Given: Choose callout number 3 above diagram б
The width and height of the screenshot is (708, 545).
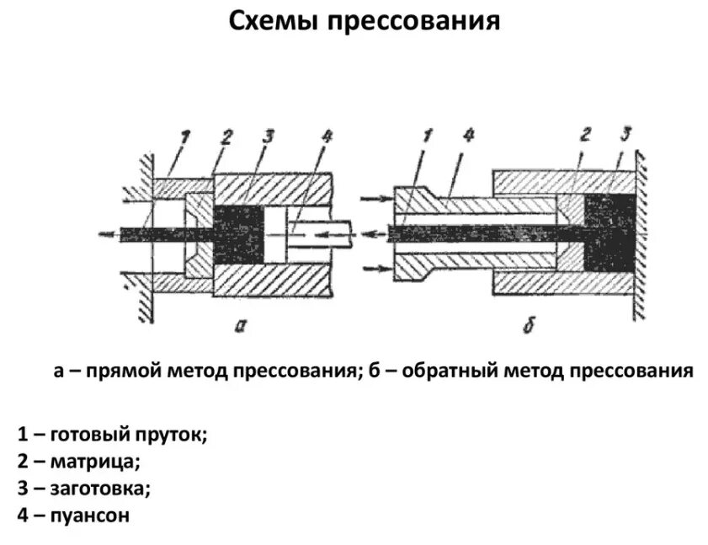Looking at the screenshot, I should (623, 135).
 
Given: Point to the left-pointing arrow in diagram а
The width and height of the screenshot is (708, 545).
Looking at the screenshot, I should (107, 233).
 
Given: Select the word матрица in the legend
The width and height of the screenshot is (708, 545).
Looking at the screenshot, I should (94, 462).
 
